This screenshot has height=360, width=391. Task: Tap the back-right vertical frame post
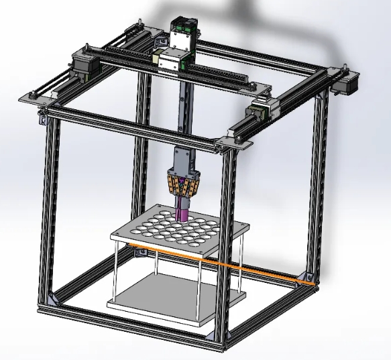point(320,181)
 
